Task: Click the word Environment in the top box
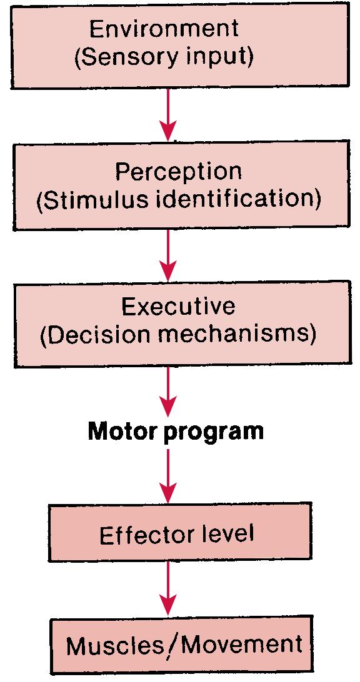(x=164, y=29)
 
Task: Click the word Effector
(x=142, y=535)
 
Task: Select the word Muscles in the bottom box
(x=111, y=645)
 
